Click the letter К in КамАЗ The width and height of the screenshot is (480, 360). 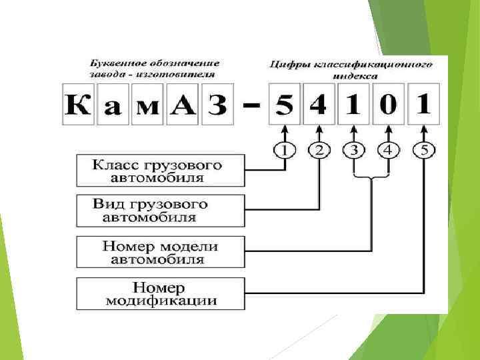[x=79, y=105]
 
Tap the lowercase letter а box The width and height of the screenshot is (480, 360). [x=113, y=105]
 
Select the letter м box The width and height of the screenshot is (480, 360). [x=148, y=105]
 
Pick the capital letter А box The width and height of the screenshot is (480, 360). [x=181, y=105]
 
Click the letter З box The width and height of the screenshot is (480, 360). [x=215, y=105]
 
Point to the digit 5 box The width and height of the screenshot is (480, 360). [x=285, y=105]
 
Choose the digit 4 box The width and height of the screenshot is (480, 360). [x=319, y=105]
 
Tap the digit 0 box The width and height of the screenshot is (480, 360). [x=389, y=105]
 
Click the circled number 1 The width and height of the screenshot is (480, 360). [x=285, y=149]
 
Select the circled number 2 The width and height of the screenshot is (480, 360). [x=319, y=149]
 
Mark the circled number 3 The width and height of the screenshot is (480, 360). [x=354, y=149]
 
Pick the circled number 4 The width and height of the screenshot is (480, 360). [x=389, y=149]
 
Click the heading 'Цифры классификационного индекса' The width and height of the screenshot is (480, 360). [x=351, y=69]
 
